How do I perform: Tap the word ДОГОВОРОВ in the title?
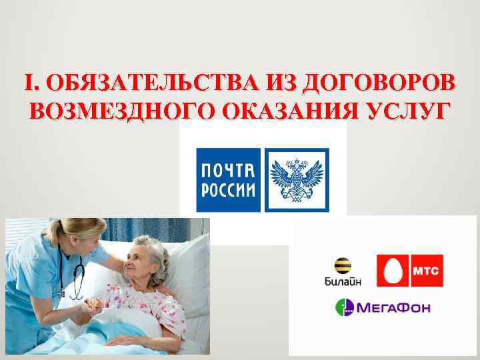click(x=380, y=83)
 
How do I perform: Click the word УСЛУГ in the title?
click(x=407, y=109)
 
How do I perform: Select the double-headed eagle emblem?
click(x=297, y=179)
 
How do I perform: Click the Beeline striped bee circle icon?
click(x=343, y=265)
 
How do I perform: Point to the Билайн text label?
click(x=343, y=282)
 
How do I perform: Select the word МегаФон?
click(x=394, y=308)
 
